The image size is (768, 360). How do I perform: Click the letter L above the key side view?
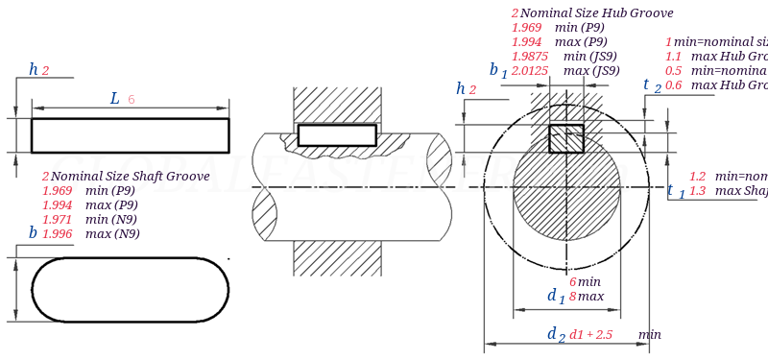tap(115, 98)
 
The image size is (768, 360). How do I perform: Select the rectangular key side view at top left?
tap(130, 135)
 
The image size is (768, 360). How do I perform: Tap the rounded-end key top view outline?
tap(130, 289)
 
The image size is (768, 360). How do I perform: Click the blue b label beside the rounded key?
tap(33, 232)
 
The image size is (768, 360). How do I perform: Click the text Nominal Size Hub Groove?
tap(596, 13)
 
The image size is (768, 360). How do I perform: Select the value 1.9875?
tap(530, 57)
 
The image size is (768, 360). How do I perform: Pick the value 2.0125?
tap(530, 71)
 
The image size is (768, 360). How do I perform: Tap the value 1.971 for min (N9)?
tap(57, 220)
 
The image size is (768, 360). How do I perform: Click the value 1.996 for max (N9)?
tap(57, 234)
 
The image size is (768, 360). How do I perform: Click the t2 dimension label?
tap(652, 85)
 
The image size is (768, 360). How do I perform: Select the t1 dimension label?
tap(676, 191)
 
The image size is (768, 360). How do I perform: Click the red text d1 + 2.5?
tap(590, 335)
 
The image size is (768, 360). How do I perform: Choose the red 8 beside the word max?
tap(572, 297)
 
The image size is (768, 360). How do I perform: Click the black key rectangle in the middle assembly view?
tap(336, 135)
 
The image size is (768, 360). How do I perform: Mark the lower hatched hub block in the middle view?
tap(336, 257)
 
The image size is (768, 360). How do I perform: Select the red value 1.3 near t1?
tap(697, 191)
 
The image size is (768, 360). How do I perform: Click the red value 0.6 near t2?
tap(673, 85)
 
